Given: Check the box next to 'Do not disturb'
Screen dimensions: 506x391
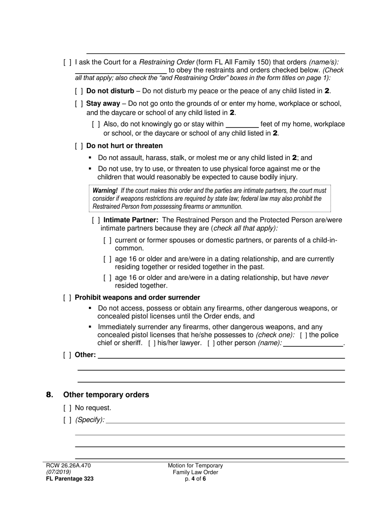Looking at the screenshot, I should pyautogui.click(x=79, y=91).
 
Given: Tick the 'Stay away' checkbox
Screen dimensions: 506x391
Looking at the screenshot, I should pyautogui.click(x=79, y=104).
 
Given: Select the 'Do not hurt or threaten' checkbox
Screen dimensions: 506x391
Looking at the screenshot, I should pyautogui.click(x=79, y=146).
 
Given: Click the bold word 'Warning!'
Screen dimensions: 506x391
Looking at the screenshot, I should pyautogui.click(x=105, y=191).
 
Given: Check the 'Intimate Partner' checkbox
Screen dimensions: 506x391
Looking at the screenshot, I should pyautogui.click(x=96, y=220).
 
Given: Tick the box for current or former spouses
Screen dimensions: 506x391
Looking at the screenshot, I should pyautogui.click(x=107, y=240).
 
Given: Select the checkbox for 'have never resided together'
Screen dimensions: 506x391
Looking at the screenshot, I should pyautogui.click(x=107, y=278).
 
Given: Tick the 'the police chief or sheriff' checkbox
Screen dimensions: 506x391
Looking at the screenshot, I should pyautogui.click(x=303, y=335).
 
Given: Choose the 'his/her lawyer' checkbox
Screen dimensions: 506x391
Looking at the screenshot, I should pyautogui.click(x=152, y=344).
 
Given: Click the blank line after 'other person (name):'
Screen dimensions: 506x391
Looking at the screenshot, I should pyautogui.click(x=313, y=344).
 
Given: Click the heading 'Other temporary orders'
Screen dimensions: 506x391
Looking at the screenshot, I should pyautogui.click(x=106, y=395).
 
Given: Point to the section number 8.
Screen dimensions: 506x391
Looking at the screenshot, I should pyautogui.click(x=50, y=395).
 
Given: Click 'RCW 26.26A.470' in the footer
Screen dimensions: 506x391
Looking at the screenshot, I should pyautogui.click(x=68, y=466).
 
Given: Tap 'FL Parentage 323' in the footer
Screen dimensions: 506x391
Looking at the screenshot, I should pyautogui.click(x=70, y=479).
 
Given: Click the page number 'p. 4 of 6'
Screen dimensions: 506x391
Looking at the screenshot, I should pyautogui.click(x=195, y=479).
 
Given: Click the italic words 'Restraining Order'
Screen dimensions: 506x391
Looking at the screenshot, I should pyautogui.click(x=167, y=63).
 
